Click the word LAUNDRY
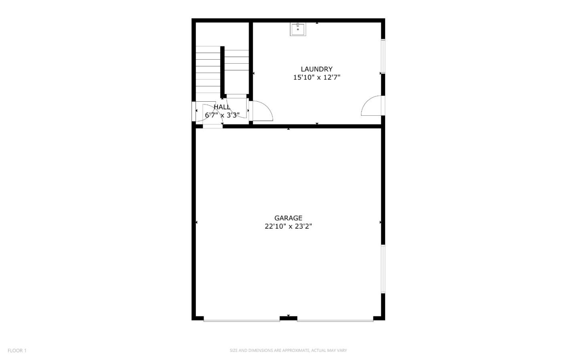click(x=317, y=69)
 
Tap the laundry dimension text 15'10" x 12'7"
click(x=317, y=78)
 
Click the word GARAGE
click(x=288, y=218)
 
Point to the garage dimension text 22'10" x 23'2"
click(x=288, y=227)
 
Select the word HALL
click(x=222, y=107)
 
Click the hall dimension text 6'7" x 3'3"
click(x=222, y=115)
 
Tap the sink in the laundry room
click(x=298, y=29)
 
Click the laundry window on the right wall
click(x=383, y=56)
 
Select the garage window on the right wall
click(x=383, y=269)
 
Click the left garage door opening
click(x=242, y=320)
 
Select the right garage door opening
click(x=335, y=320)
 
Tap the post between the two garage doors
click(x=288, y=318)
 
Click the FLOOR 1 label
click(x=17, y=351)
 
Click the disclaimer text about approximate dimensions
click(x=288, y=351)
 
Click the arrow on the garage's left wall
click(x=196, y=222)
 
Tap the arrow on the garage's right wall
click(x=380, y=222)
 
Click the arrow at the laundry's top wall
click(x=317, y=23)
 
